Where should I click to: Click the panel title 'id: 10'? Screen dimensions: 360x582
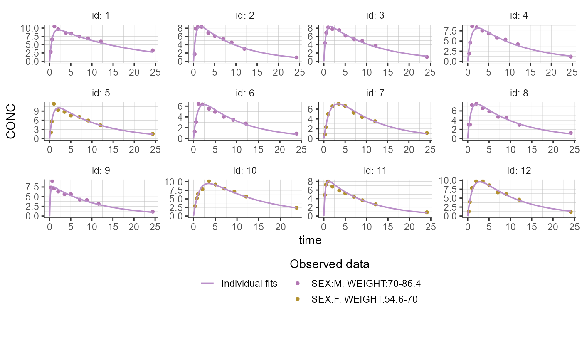click(x=245, y=170)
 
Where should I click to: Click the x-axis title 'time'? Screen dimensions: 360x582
click(x=310, y=240)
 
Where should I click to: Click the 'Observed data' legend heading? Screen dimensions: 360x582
click(x=330, y=264)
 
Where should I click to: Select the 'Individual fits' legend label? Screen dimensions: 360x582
click(x=249, y=284)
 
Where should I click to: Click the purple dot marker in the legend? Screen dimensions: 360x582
click(x=297, y=284)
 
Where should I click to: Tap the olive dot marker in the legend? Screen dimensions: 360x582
click(x=297, y=298)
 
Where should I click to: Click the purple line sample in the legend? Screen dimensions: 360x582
click(x=207, y=284)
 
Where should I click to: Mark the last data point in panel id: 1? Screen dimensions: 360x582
click(x=153, y=50)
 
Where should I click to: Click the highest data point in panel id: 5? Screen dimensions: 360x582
click(x=54, y=104)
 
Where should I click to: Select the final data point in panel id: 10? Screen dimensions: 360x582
click(x=296, y=207)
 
